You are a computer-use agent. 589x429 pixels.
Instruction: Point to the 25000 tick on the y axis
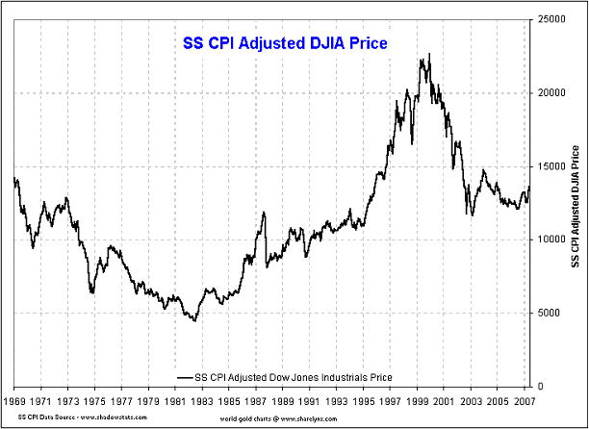(551, 18)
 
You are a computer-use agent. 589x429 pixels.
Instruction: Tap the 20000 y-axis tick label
(551, 92)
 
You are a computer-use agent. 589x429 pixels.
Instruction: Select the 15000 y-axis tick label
(551, 165)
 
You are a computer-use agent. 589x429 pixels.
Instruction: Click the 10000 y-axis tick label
(551, 240)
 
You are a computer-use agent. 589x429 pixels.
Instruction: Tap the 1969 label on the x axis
(14, 398)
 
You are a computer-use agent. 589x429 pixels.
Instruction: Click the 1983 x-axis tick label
(201, 398)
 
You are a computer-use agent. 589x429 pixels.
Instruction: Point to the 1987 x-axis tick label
(255, 398)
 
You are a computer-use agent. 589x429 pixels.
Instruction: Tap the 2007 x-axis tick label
(522, 398)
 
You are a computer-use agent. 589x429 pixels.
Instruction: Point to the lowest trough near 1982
(195, 320)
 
